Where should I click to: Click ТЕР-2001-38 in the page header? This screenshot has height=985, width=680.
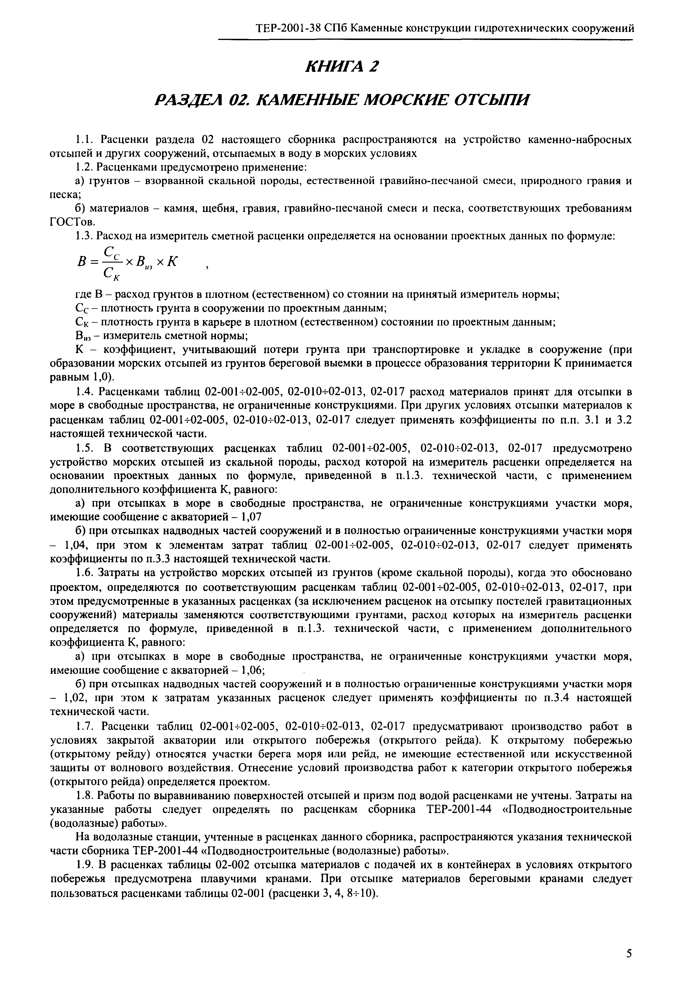[x=288, y=28]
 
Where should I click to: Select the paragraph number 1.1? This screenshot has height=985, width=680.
[x=84, y=140]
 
